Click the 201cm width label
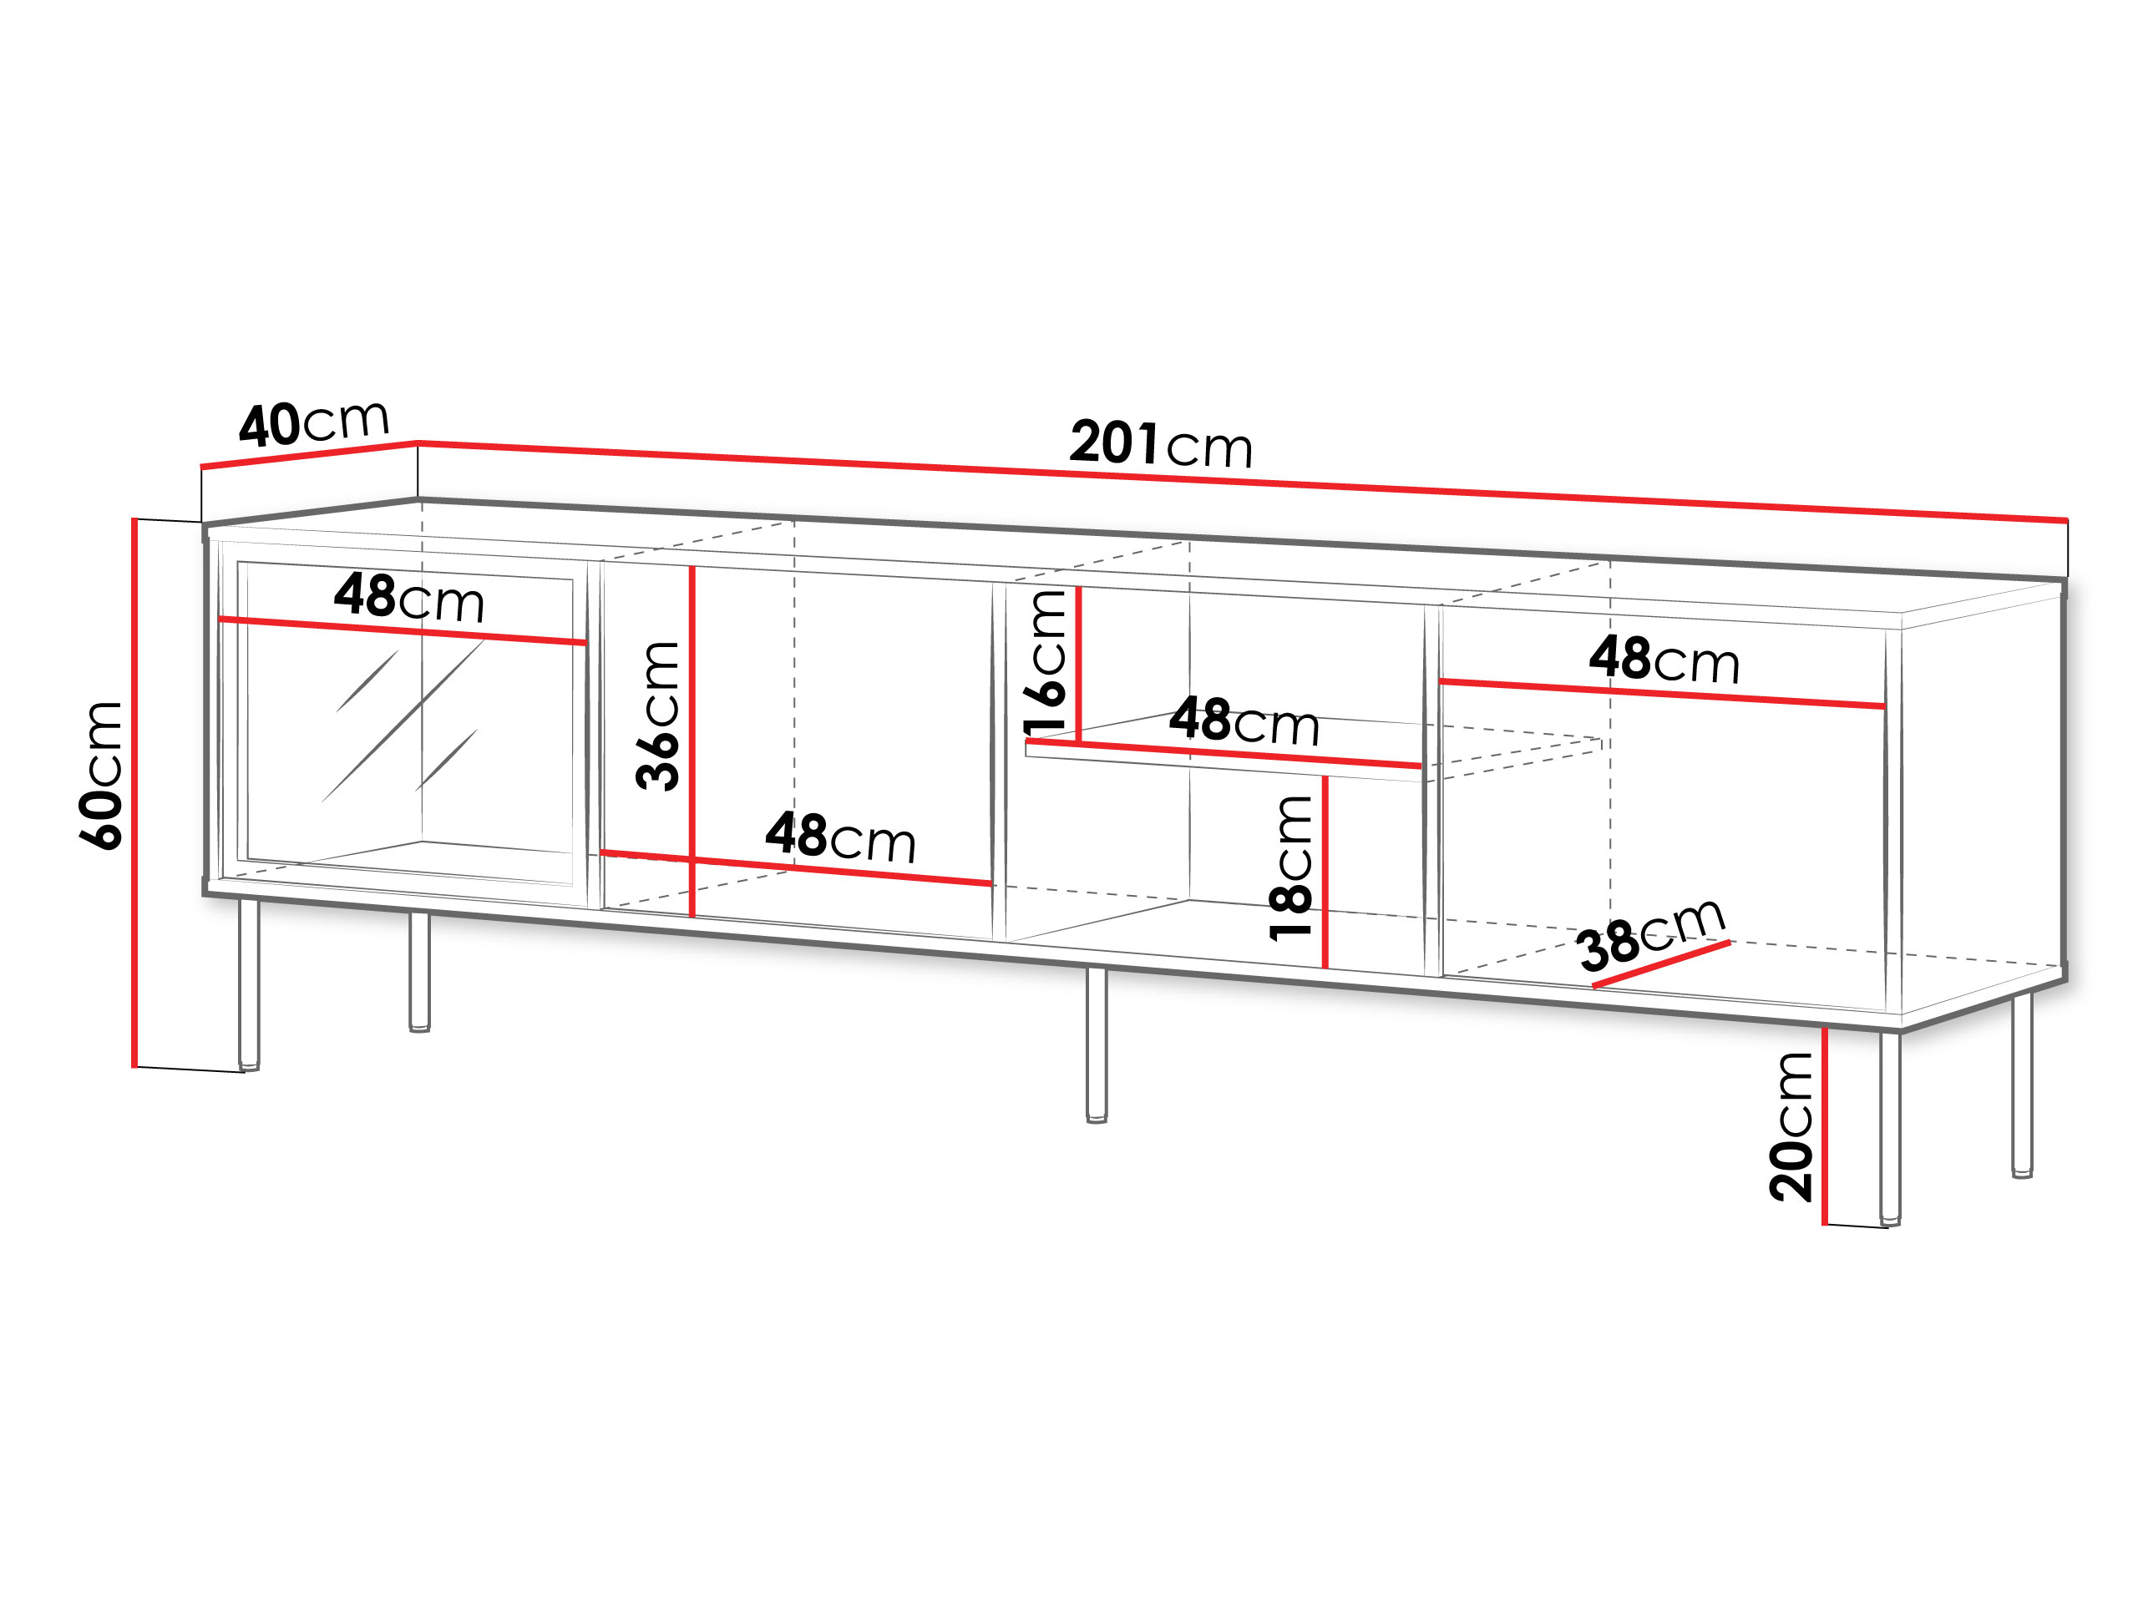pyautogui.click(x=1161, y=443)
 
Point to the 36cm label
pyautogui.click(x=657, y=716)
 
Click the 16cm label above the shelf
pyautogui.click(x=1045, y=662)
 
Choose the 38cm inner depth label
pyautogui.click(x=1651, y=933)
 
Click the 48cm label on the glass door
pyautogui.click(x=409, y=598)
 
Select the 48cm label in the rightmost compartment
pyautogui.click(x=1664, y=660)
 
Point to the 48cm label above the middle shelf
pyautogui.click(x=1244, y=721)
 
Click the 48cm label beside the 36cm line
pyautogui.click(x=841, y=837)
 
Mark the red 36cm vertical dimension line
pyautogui.click(x=692, y=741)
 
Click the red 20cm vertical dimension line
pyautogui.click(x=1825, y=1125)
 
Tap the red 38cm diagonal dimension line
pyautogui.click(x=1661, y=964)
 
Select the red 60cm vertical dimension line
pyautogui.click(x=134, y=792)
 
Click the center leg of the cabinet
pyautogui.click(x=1096, y=1044)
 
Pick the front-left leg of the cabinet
pyautogui.click(x=250, y=984)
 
